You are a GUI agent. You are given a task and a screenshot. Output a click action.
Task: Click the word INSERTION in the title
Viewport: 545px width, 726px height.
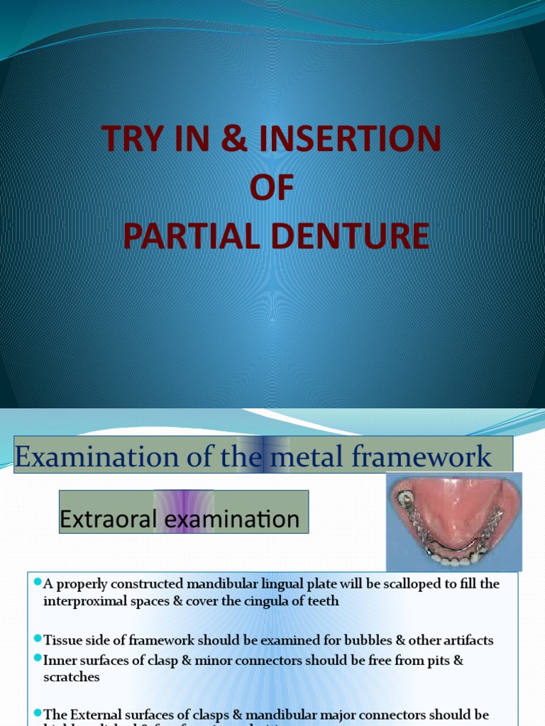tap(351, 138)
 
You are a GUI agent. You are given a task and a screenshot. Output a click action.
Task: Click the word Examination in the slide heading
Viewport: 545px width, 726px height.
tap(83, 457)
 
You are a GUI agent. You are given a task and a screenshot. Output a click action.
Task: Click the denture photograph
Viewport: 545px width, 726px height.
tap(454, 521)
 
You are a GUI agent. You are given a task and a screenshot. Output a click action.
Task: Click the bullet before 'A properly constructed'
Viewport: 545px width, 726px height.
tap(37, 582)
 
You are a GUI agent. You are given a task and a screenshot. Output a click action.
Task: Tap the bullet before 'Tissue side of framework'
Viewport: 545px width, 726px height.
tap(37, 639)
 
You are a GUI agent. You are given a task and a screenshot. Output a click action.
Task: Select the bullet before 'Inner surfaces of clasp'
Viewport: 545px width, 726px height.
tap(37, 659)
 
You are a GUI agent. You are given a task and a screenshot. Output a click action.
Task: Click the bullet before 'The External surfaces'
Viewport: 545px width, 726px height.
tap(37, 713)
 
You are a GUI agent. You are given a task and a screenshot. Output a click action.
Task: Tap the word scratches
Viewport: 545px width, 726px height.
tap(72, 677)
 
